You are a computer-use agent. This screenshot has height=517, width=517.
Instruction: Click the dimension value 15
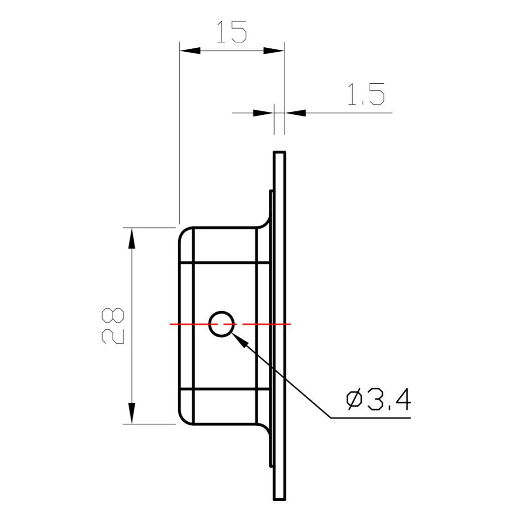[x=231, y=33]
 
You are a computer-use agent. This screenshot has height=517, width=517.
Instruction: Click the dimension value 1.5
[x=365, y=95]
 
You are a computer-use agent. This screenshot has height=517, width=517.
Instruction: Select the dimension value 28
[x=114, y=325]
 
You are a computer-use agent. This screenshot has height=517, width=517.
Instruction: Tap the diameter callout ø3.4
[x=378, y=401]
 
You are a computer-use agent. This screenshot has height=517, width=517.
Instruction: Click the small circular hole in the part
[x=221, y=324]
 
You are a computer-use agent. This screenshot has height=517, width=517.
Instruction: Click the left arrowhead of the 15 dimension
[x=190, y=51]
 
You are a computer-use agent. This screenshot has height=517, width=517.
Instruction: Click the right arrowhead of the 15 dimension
[x=274, y=51]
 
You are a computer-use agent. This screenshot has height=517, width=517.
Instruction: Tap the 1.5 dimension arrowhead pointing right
[x=263, y=113]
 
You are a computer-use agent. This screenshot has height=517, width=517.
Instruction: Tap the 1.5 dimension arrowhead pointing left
[x=295, y=113]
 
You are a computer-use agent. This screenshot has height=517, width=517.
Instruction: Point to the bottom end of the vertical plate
[x=279, y=498]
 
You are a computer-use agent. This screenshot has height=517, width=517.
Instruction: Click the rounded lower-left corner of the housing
[x=183, y=419]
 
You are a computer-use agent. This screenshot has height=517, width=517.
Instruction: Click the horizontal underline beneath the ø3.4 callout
[x=369, y=418]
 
